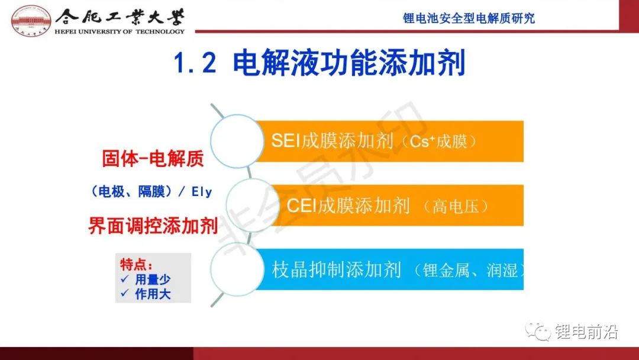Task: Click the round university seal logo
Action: pyautogui.click(x=31, y=20)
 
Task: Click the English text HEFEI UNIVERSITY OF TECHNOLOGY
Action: pyautogui.click(x=120, y=31)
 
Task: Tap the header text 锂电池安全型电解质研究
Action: pyautogui.click(x=469, y=18)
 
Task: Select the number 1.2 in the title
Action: pyautogui.click(x=195, y=63)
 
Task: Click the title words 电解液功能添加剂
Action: pyautogui.click(x=349, y=63)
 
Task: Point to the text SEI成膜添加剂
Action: pyautogui.click(x=332, y=141)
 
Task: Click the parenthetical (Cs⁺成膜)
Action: pyautogui.click(x=438, y=142)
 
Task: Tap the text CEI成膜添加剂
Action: pyautogui.click(x=348, y=205)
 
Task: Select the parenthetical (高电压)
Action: pyautogui.click(x=456, y=206)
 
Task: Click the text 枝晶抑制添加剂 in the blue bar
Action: pyautogui.click(x=337, y=270)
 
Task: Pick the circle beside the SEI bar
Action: pyautogui.click(x=237, y=141)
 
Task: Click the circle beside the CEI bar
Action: pyautogui.click(x=253, y=205)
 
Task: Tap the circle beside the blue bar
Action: pyautogui.click(x=237, y=269)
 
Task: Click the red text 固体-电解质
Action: pyautogui.click(x=153, y=159)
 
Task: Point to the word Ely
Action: pyautogui.click(x=202, y=191)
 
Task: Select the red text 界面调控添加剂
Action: pyautogui.click(x=153, y=226)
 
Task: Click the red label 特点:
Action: pyautogui.click(x=136, y=265)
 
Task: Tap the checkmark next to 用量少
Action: pyautogui.click(x=125, y=279)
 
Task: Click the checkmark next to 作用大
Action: pyautogui.click(x=125, y=293)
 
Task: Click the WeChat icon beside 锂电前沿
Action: pyautogui.click(x=538, y=331)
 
